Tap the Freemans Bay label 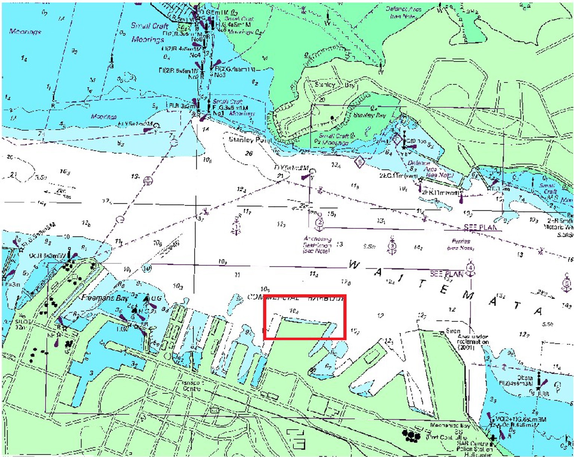click(x=105, y=298)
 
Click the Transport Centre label click(x=192, y=386)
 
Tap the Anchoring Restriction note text click(x=317, y=245)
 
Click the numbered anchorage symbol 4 click(x=470, y=268)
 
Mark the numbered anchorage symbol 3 click(x=392, y=246)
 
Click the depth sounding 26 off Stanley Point click(x=249, y=153)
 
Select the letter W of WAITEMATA click(x=354, y=265)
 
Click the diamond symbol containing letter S click(x=359, y=163)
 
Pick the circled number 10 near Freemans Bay click(x=147, y=268)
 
